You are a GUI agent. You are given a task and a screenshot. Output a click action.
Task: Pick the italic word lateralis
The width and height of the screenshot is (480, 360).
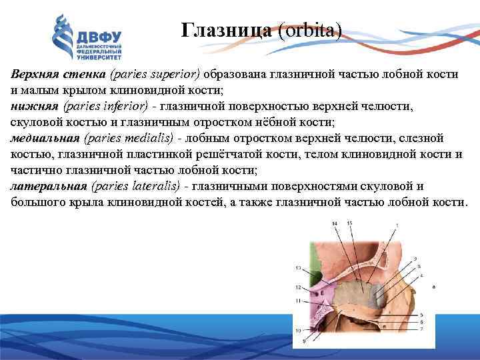[156, 186]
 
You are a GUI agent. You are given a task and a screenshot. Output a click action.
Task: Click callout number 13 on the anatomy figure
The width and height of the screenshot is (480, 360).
[299, 268]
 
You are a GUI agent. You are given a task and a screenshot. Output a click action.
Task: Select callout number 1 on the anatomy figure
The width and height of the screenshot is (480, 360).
[397, 227]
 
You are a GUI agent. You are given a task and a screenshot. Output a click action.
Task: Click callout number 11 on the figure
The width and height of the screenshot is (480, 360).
[299, 301]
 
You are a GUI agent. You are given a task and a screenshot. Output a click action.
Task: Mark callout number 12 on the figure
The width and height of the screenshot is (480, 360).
[299, 287]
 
